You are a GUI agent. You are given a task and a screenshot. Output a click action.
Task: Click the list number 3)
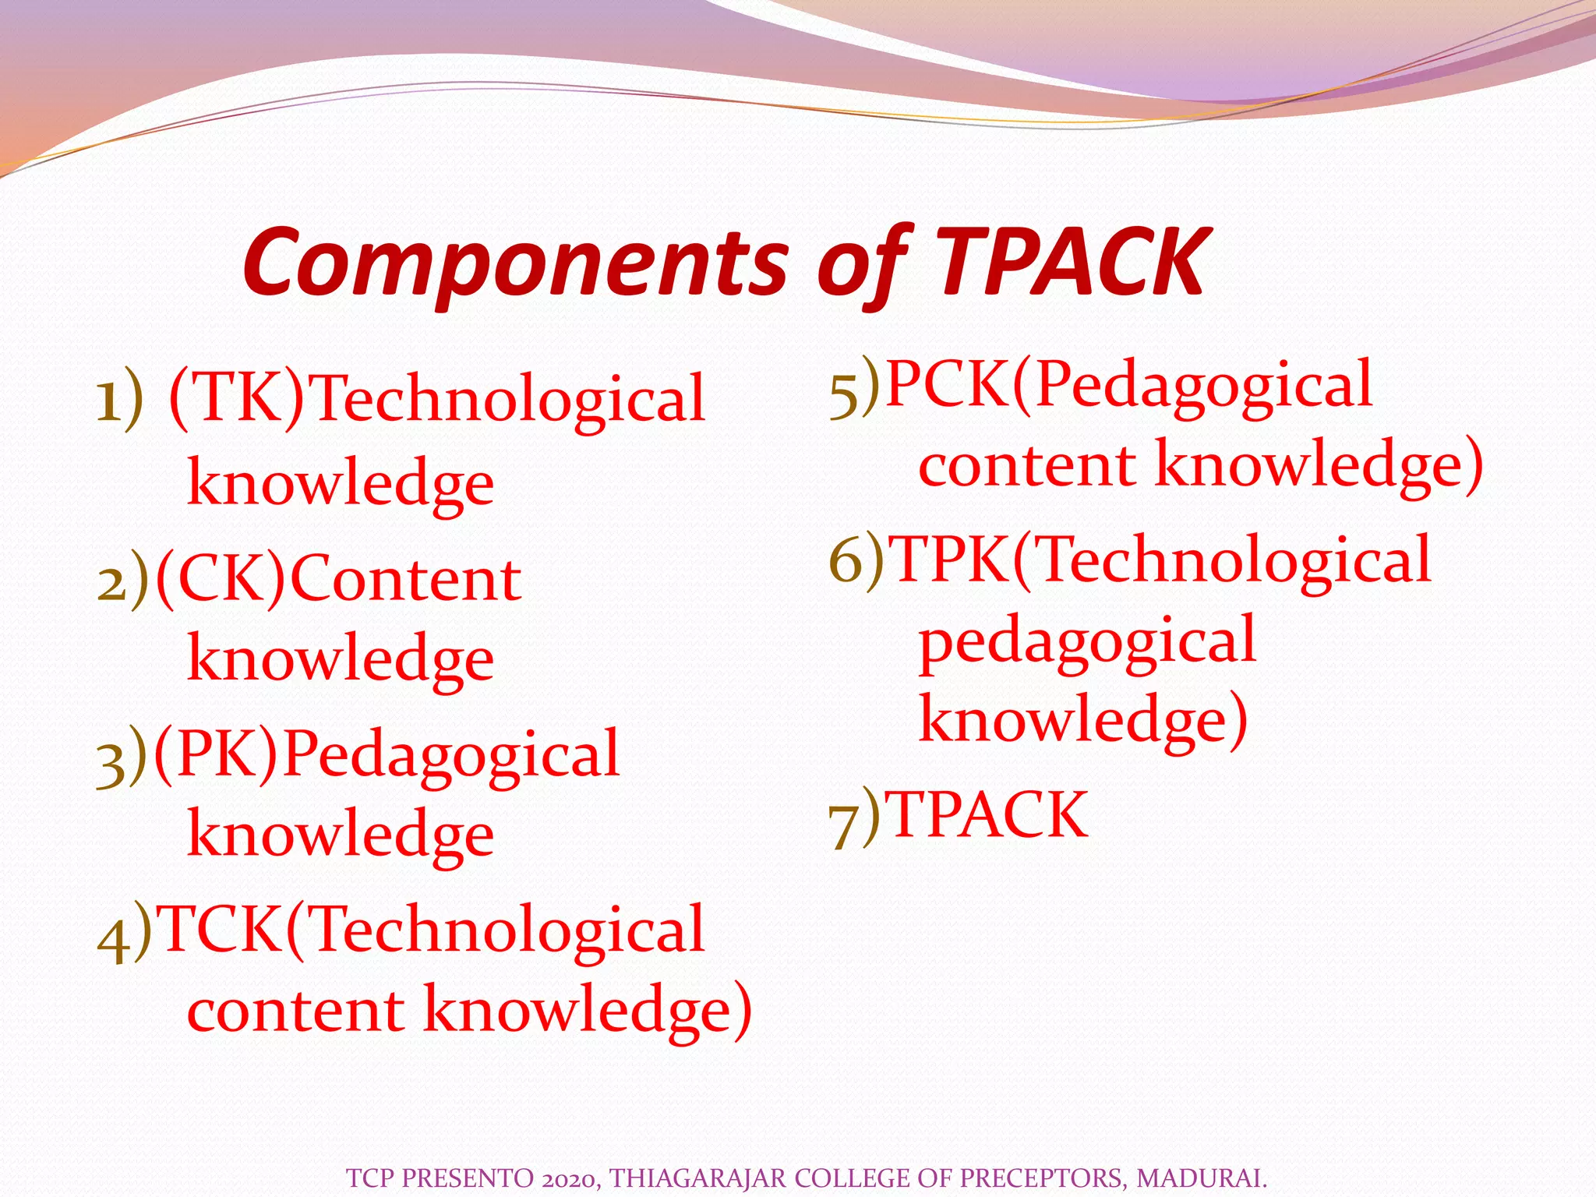tap(122, 756)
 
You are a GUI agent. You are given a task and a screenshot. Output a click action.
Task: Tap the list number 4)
tap(124, 932)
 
